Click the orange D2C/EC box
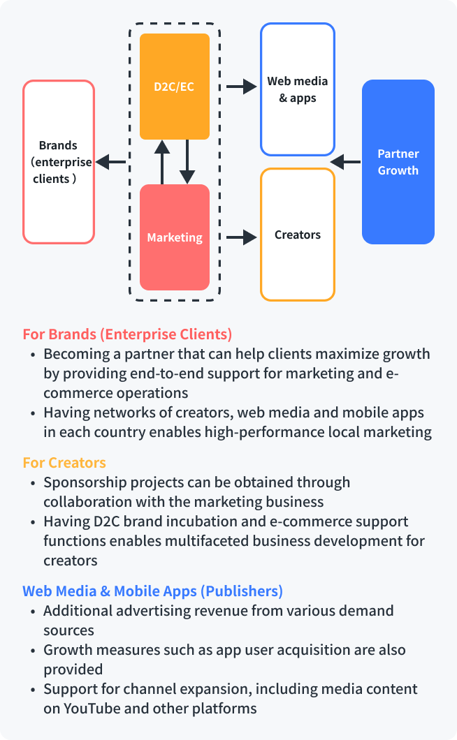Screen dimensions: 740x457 (x=175, y=87)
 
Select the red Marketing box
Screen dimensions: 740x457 (x=175, y=237)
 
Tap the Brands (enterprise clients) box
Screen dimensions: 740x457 (x=59, y=162)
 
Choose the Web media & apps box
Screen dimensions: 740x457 (x=298, y=89)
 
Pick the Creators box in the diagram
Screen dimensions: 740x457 (x=298, y=235)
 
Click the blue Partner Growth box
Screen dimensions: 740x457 (x=398, y=162)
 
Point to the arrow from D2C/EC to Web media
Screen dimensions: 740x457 (x=241, y=87)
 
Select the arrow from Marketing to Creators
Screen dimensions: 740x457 (x=241, y=237)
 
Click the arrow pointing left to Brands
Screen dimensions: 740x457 (x=110, y=162)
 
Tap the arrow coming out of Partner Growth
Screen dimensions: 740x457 (x=345, y=162)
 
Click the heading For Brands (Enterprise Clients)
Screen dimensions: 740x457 (x=127, y=334)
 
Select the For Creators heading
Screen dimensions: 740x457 (x=64, y=462)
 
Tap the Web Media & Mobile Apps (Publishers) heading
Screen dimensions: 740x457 (x=152, y=591)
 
